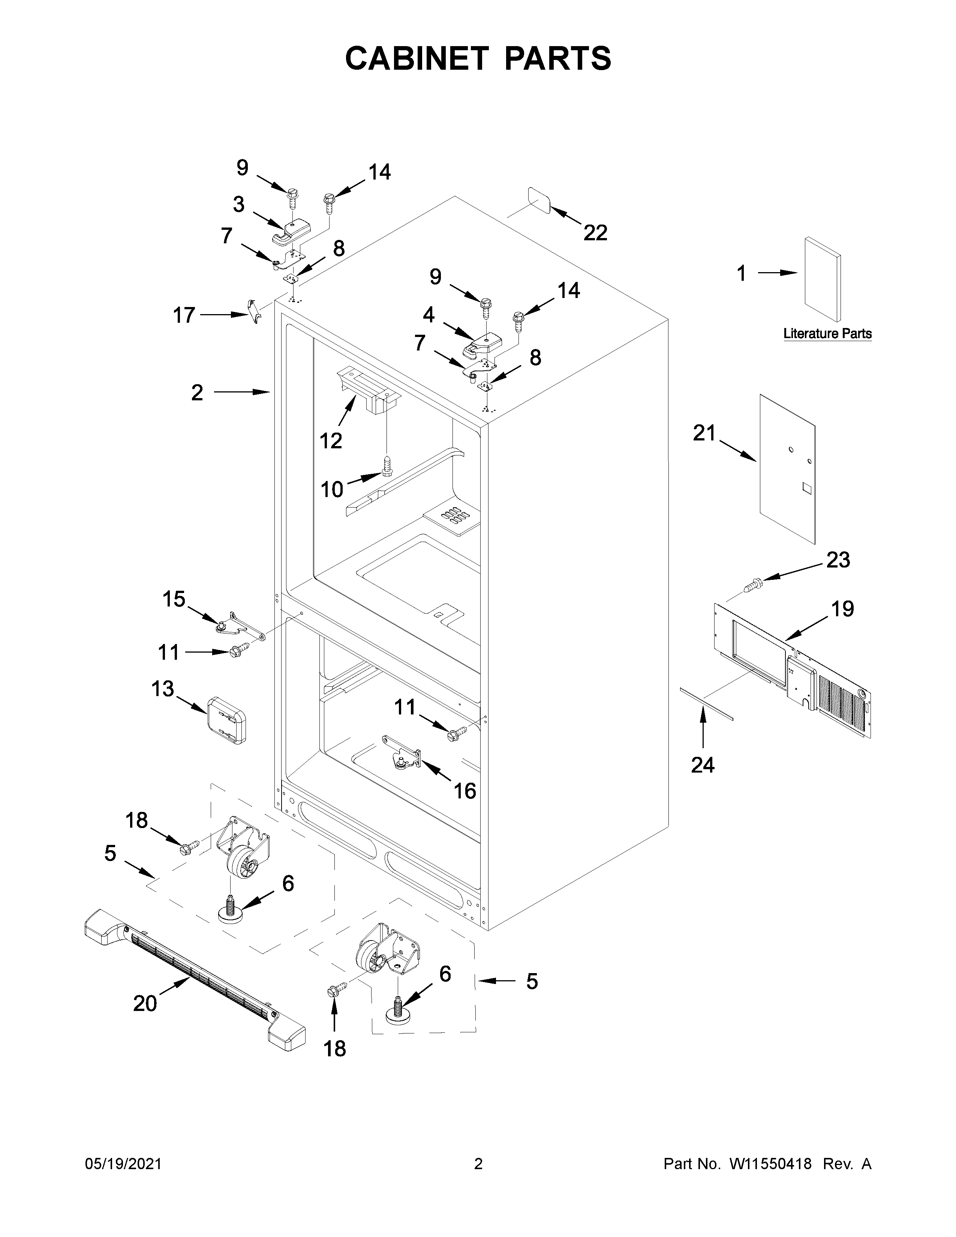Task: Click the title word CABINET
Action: point(416,58)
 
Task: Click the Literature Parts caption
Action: point(827,334)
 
